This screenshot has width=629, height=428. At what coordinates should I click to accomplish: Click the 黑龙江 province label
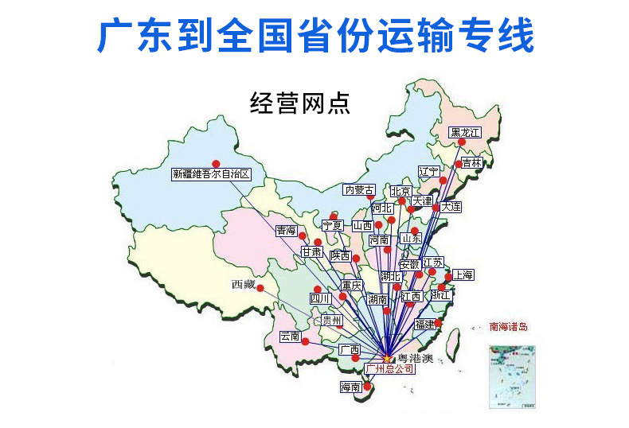[465, 132]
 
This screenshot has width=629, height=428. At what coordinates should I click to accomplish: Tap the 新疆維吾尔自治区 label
[211, 173]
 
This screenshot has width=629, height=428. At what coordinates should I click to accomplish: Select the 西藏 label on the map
[244, 284]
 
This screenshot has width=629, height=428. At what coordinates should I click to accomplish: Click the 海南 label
[350, 387]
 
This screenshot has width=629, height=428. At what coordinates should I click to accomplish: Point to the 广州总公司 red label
[389, 369]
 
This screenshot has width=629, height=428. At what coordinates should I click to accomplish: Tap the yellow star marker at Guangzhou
[387, 358]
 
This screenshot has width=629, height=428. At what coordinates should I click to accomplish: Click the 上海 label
[463, 275]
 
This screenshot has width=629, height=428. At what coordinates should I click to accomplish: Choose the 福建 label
[424, 325]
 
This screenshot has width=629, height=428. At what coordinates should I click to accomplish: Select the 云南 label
[290, 337]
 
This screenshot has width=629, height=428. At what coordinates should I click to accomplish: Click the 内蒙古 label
[359, 190]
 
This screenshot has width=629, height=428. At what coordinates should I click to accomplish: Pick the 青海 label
[286, 231]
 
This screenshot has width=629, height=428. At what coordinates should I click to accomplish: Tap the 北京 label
[400, 192]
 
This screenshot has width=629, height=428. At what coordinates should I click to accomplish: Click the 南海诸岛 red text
[508, 326]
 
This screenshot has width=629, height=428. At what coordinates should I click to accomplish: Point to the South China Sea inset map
[512, 376]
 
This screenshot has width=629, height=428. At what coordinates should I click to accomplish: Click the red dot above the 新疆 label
[215, 163]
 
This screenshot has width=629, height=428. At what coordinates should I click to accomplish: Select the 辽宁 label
[428, 171]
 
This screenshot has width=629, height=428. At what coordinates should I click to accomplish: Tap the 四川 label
[320, 299]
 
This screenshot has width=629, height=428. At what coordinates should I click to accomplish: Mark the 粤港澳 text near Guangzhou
[414, 358]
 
